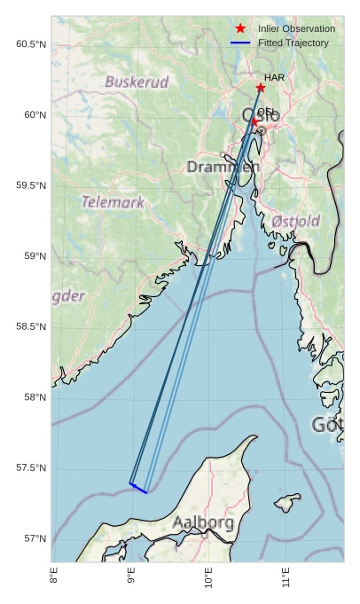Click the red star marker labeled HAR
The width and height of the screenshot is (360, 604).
pyautogui.click(x=260, y=88)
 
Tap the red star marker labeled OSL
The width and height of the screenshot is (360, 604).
pyautogui.click(x=254, y=122)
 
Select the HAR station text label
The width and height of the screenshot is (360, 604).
pyautogui.click(x=274, y=78)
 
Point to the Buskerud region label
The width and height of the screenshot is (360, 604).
pyautogui.click(x=137, y=82)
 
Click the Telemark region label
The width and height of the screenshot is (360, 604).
pyautogui.click(x=113, y=202)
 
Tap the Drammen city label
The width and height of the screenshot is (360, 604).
pyautogui.click(x=223, y=167)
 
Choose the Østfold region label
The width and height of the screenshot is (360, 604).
pyautogui.click(x=295, y=220)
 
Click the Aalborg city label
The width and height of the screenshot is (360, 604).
pyautogui.click(x=204, y=522)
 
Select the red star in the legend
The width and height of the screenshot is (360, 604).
pyautogui.click(x=240, y=29)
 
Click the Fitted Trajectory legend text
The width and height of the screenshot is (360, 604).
pyautogui.click(x=293, y=43)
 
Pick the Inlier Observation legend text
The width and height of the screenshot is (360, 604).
pyautogui.click(x=296, y=29)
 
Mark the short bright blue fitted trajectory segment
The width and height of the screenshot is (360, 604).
pyautogui.click(x=138, y=488)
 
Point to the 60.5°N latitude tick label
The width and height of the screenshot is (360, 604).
pyautogui.click(x=31, y=44)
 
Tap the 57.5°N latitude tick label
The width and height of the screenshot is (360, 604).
pyautogui.click(x=31, y=468)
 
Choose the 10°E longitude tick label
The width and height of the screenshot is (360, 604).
pyautogui.click(x=208, y=581)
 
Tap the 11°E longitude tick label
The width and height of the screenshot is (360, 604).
pyautogui.click(x=286, y=581)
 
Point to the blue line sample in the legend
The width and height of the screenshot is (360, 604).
pyautogui.click(x=240, y=43)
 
